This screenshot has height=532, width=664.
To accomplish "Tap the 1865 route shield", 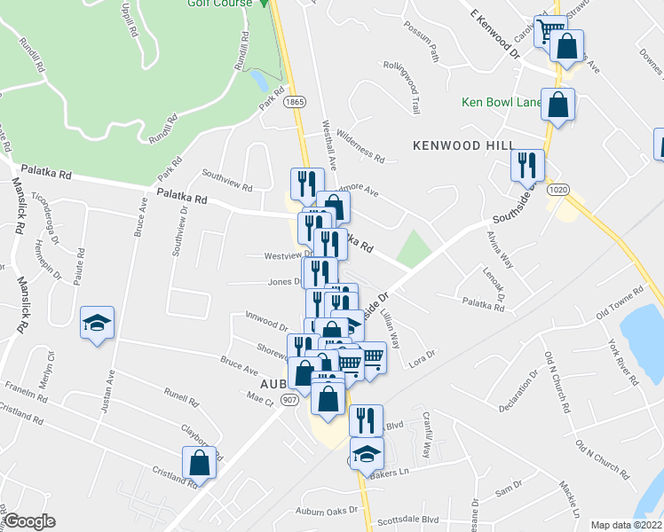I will pyautogui.click(x=295, y=104).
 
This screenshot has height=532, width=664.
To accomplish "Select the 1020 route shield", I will pyautogui.click(x=556, y=190).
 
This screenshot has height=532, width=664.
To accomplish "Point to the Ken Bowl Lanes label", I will pyautogui.click(x=501, y=102).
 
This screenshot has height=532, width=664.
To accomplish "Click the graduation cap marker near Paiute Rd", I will pyautogui.click(x=98, y=322).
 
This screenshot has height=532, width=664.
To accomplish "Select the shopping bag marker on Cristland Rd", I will pyautogui.click(x=200, y=463).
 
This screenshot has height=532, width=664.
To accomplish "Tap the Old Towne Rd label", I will pyautogui.click(x=619, y=304).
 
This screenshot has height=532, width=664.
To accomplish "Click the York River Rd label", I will pyautogui.click(x=621, y=360).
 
